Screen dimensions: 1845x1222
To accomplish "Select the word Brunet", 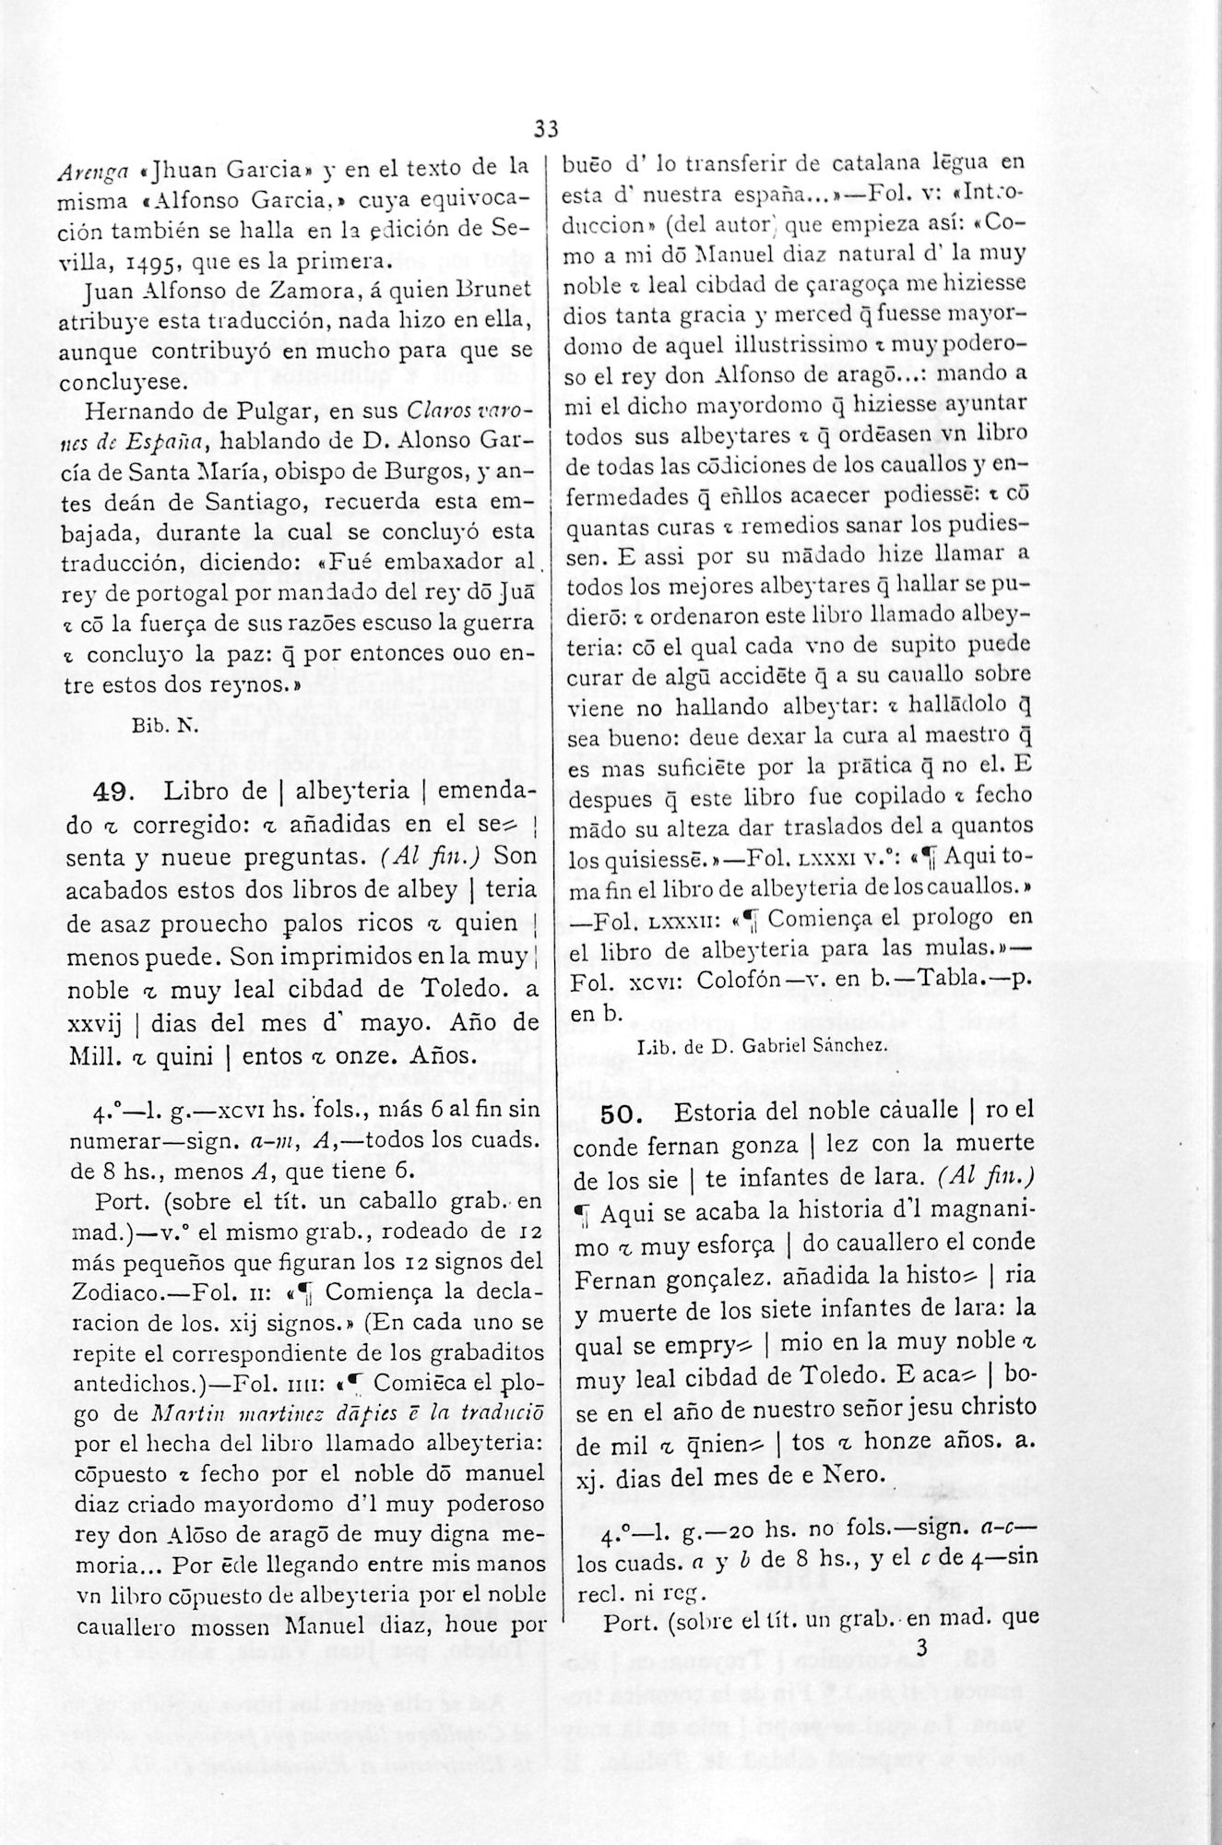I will (496, 291).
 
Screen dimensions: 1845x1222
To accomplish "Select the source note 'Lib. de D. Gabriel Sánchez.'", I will (763, 1045).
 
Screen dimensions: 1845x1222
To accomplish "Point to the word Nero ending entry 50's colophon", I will (848, 1475).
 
